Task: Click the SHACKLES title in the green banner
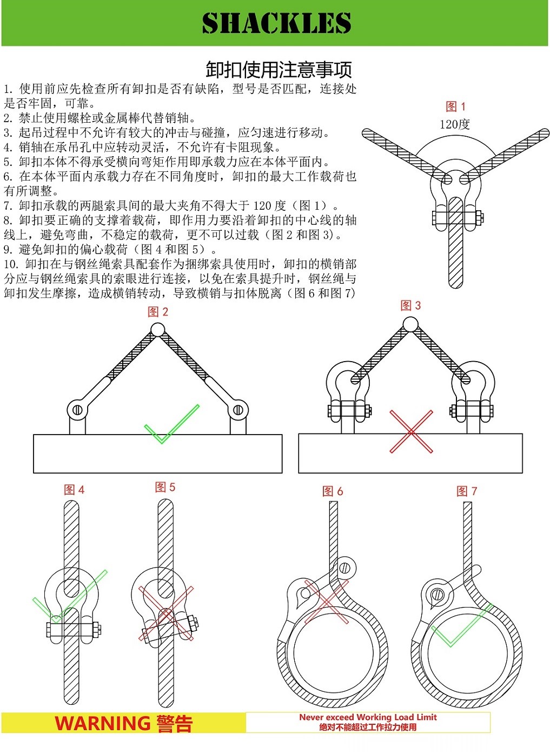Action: pos(276,24)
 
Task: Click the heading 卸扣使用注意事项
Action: pos(279,70)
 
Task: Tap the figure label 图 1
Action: pos(455,106)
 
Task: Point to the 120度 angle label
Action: pos(454,124)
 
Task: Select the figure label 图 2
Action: pos(158,312)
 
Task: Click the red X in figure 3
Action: pos(411,431)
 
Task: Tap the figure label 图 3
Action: pos(410,305)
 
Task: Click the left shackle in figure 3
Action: pos(348,395)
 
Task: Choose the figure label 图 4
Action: pos(74,490)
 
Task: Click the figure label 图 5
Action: pos(165,487)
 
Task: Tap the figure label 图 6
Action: pos(333,491)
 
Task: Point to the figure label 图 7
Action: pos(467,491)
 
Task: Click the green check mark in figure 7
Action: pos(460,627)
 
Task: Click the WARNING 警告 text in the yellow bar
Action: pos(123,723)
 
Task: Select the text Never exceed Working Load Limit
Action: pos(368,717)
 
